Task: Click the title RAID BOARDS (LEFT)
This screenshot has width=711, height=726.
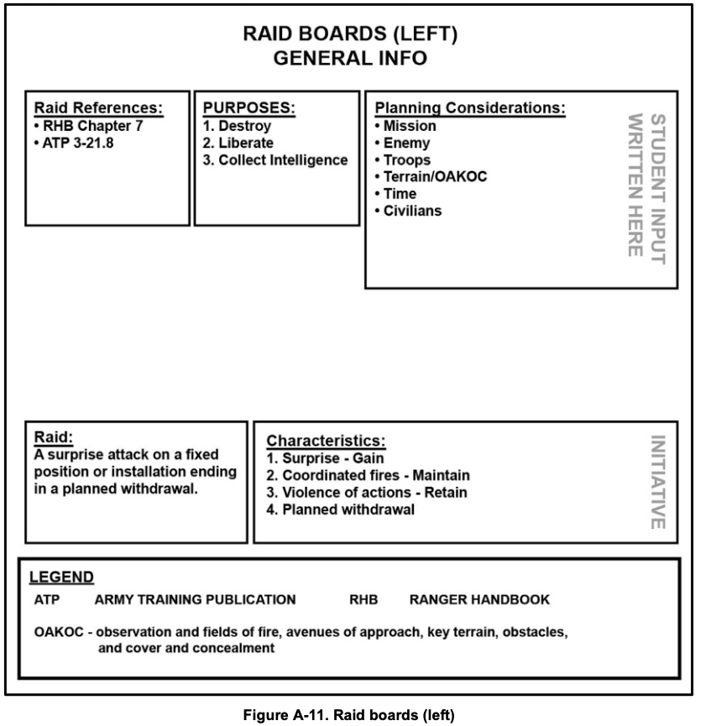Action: pyautogui.click(x=349, y=34)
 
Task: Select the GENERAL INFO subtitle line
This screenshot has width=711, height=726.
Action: pyautogui.click(x=349, y=58)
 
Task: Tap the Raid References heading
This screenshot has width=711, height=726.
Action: pyautogui.click(x=98, y=108)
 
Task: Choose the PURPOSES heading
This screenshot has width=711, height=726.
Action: pyautogui.click(x=251, y=108)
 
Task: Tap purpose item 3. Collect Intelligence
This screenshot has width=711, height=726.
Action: pyautogui.click(x=275, y=160)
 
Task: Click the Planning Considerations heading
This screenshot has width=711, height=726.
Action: pyautogui.click(x=469, y=109)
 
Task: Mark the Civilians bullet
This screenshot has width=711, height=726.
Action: pyautogui.click(x=407, y=211)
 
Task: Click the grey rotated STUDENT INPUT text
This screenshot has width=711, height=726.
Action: pyautogui.click(x=658, y=190)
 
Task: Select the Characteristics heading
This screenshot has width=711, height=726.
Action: pyautogui.click(x=325, y=441)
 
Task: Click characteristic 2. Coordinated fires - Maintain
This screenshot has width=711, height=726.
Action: pyautogui.click(x=368, y=475)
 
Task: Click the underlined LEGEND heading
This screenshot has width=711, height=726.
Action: pyautogui.click(x=62, y=577)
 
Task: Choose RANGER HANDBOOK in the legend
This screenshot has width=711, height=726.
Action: pyautogui.click(x=479, y=600)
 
